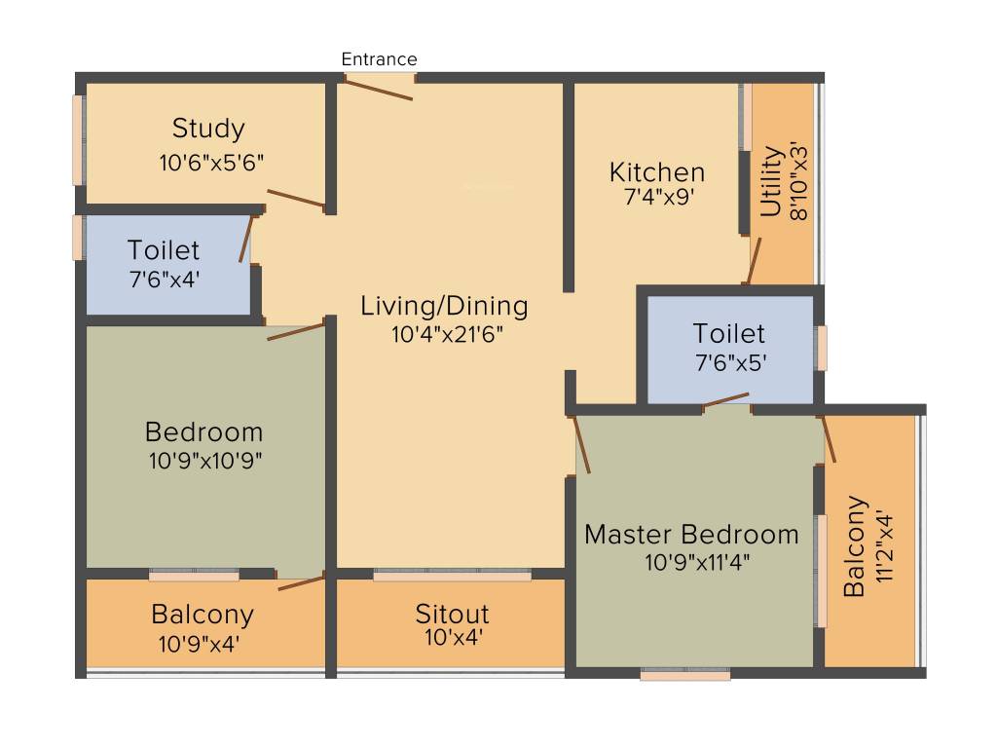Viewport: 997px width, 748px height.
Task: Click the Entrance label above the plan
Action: [x=379, y=59]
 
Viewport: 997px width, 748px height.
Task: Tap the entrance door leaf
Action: [x=379, y=89]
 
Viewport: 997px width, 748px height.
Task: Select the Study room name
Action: [x=208, y=129]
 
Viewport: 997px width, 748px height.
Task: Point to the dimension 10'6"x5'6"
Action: [x=211, y=163]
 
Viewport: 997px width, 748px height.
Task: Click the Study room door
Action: [x=296, y=198]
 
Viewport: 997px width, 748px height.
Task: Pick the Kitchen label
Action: [x=657, y=172]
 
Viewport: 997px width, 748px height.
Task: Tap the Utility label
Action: [x=771, y=181]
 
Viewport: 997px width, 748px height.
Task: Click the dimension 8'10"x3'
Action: [x=798, y=183]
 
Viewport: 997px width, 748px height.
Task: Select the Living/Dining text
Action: [x=444, y=306]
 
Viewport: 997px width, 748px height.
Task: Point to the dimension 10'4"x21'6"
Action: [x=447, y=334]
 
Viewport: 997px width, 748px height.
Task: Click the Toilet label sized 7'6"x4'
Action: [x=164, y=250]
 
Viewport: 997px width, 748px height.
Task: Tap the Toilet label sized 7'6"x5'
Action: [x=728, y=333]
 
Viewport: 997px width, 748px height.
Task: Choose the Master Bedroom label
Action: [x=691, y=535]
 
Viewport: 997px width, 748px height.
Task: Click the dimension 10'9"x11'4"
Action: [x=697, y=562]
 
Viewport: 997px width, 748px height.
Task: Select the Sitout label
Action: [x=452, y=614]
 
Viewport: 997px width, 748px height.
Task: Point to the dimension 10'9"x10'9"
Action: [x=205, y=460]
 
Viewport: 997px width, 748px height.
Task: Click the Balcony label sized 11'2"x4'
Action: [x=855, y=545]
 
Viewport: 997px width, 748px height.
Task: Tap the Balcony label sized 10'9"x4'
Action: [x=203, y=615]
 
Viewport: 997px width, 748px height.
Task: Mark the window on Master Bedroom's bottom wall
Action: [x=685, y=674]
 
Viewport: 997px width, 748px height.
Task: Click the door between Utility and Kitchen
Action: [x=754, y=261]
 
